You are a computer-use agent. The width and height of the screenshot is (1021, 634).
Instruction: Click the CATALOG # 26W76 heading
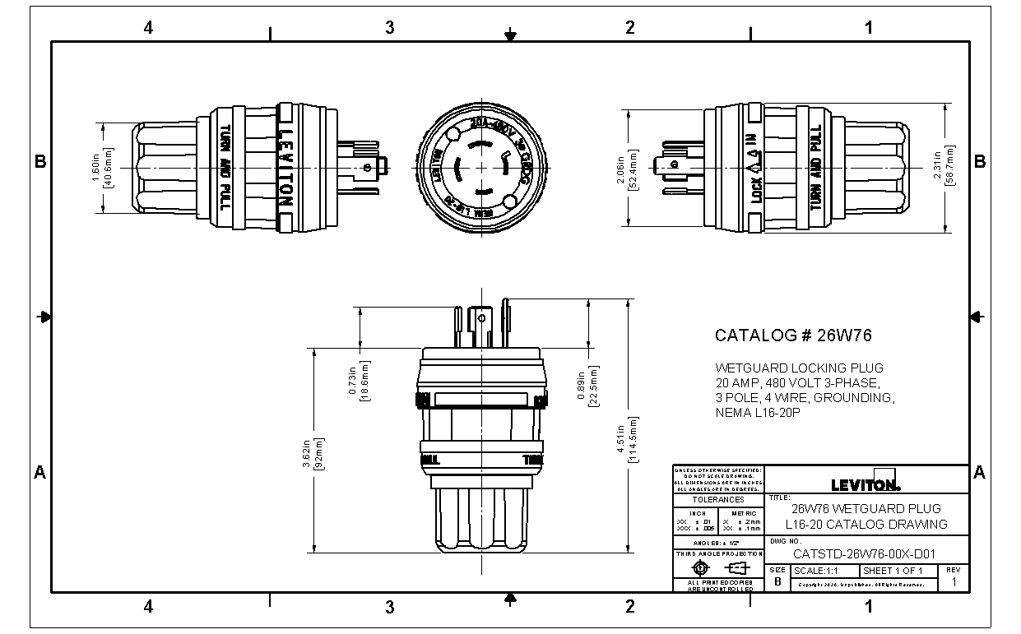pyautogui.click(x=793, y=336)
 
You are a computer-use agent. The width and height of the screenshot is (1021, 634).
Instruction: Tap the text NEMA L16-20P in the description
pyautogui.click(x=758, y=413)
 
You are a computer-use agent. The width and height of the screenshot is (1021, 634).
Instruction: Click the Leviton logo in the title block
pyautogui.click(x=866, y=484)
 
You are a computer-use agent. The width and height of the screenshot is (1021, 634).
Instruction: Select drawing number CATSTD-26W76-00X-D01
pyautogui.click(x=865, y=554)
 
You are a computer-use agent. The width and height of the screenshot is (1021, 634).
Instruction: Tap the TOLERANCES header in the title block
pyautogui.click(x=717, y=499)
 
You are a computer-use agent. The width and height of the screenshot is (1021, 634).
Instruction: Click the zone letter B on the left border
pyautogui.click(x=39, y=162)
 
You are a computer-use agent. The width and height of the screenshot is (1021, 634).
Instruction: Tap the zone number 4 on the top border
pyautogui.click(x=148, y=28)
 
